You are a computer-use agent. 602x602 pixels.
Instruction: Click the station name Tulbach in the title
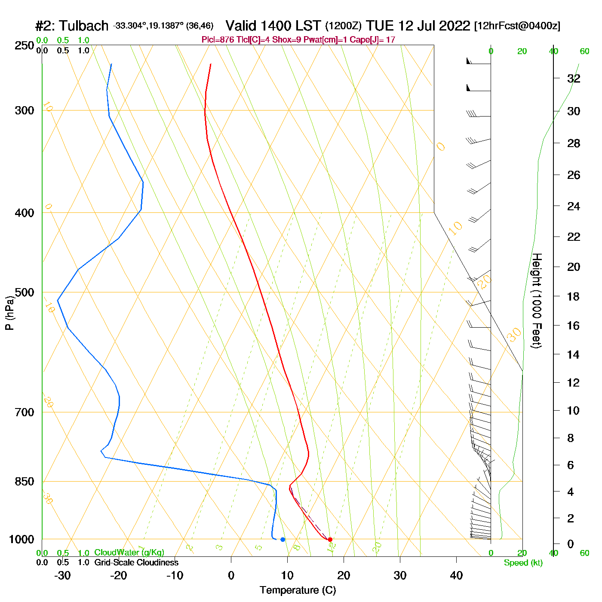coord(84,26)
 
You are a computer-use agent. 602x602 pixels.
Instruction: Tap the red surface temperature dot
coord(330,539)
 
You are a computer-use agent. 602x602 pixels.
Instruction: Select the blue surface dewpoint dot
coord(283,539)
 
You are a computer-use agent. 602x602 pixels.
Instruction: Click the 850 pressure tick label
coord(24,482)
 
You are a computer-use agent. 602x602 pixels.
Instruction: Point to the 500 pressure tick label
coord(24,292)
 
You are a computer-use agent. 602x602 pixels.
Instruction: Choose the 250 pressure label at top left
coord(24,46)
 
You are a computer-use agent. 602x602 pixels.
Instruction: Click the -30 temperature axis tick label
coord(62,575)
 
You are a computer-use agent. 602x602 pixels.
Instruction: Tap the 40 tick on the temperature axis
coord(456,575)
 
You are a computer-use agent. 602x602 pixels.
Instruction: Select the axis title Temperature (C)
coord(298,590)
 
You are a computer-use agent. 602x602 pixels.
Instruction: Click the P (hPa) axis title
coord(9,313)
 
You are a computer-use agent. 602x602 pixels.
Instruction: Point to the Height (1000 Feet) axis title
coord(536,301)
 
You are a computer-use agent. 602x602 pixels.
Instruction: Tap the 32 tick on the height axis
coord(574,78)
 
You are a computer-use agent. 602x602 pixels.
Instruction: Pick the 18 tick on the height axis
coord(574,296)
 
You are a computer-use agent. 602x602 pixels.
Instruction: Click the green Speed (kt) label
coord(523,563)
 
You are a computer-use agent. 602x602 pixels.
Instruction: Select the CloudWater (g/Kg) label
coord(129,553)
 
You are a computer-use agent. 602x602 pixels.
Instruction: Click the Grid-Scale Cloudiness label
coord(136,562)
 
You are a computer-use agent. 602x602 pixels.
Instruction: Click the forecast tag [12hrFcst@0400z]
coord(517,26)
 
